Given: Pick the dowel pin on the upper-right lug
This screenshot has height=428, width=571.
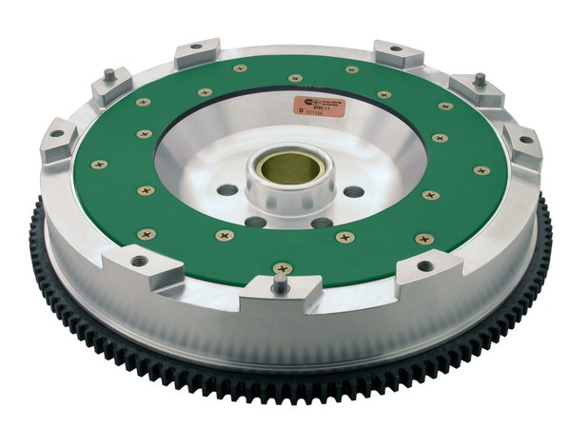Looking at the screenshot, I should click(x=480, y=80).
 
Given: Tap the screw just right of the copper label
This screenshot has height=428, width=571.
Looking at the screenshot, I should click(x=383, y=95).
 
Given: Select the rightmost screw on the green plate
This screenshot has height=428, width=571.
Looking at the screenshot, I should click(x=482, y=171).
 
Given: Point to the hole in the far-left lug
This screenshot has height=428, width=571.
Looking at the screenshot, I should click(x=56, y=133).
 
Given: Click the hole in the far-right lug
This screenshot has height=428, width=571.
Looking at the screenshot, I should click(x=524, y=139).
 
